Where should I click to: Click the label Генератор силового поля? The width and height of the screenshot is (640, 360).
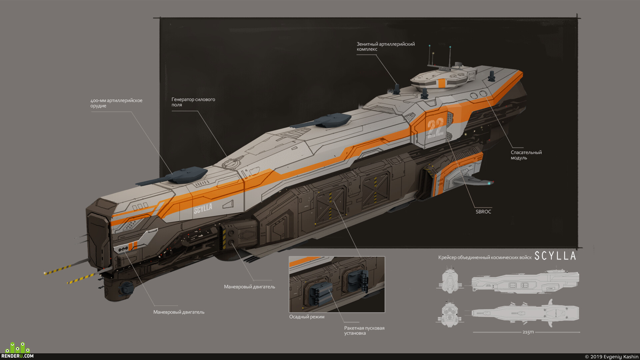pyautogui.click(x=193, y=102)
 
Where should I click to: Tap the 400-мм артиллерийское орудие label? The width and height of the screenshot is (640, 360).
pyautogui.click(x=116, y=103)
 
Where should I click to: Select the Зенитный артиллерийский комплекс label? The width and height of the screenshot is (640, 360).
pyautogui.click(x=386, y=47)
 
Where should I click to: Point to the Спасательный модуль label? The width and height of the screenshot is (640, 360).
pyautogui.click(x=526, y=155)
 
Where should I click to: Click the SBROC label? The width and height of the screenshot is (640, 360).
pyautogui.click(x=483, y=212)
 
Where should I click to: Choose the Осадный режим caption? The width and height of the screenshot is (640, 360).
pyautogui.click(x=307, y=317)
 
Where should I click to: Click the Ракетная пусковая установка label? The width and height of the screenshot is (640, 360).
pyautogui.click(x=364, y=330)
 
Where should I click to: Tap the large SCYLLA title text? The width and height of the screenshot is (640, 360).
pyautogui.click(x=555, y=256)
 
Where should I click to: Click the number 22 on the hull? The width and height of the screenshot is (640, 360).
pyautogui.click(x=436, y=128)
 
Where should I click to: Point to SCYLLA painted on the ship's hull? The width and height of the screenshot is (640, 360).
pyautogui.click(x=203, y=209)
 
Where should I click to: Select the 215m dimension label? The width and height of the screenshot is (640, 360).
pyautogui.click(x=528, y=332)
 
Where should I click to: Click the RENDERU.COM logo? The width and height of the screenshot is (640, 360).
pyautogui.click(x=17, y=351)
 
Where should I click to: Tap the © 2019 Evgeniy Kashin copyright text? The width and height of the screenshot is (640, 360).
pyautogui.click(x=612, y=357)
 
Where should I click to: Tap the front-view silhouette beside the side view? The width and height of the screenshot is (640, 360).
pyautogui.click(x=450, y=280)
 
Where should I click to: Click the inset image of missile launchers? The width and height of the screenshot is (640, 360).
pyautogui.click(x=337, y=284)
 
